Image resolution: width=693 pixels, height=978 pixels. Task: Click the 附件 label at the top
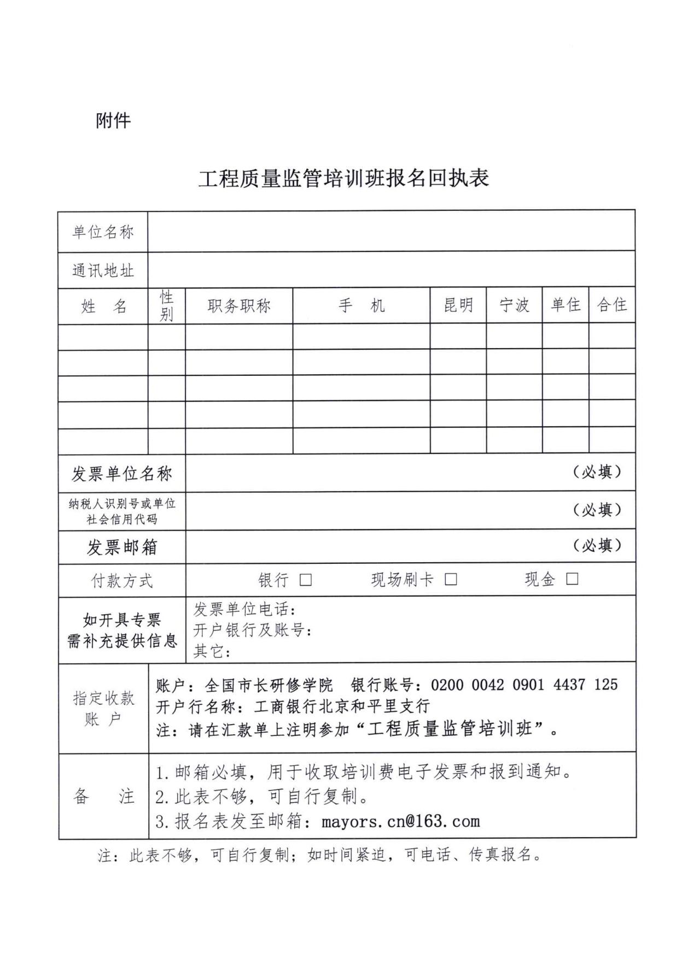(113, 120)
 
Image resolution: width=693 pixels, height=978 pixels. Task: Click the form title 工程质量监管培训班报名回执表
(343, 178)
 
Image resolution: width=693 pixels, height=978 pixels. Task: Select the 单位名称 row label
(103, 232)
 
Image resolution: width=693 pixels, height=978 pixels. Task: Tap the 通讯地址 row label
(103, 270)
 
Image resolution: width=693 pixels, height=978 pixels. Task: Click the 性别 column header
(166, 305)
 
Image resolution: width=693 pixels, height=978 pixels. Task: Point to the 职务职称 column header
(239, 305)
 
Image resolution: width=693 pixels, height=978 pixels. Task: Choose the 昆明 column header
(458, 305)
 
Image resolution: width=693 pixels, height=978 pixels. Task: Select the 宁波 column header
(514, 305)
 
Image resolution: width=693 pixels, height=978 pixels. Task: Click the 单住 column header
(565, 304)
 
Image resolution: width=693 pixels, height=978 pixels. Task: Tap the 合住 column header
(612, 304)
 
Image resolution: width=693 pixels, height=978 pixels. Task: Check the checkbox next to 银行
(306, 580)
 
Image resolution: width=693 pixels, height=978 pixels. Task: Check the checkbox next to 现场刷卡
(451, 579)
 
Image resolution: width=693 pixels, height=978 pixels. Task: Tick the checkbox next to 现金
(572, 579)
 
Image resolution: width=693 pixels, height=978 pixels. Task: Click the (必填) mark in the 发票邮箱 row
(597, 545)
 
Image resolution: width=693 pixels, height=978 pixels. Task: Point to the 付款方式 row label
(121, 580)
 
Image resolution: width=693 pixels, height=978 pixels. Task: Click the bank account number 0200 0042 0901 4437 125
(524, 685)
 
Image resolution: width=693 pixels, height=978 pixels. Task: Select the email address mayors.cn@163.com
(400, 821)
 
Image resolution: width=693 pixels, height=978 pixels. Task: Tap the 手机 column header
(361, 305)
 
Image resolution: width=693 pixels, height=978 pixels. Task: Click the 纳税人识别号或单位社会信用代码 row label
(121, 511)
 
